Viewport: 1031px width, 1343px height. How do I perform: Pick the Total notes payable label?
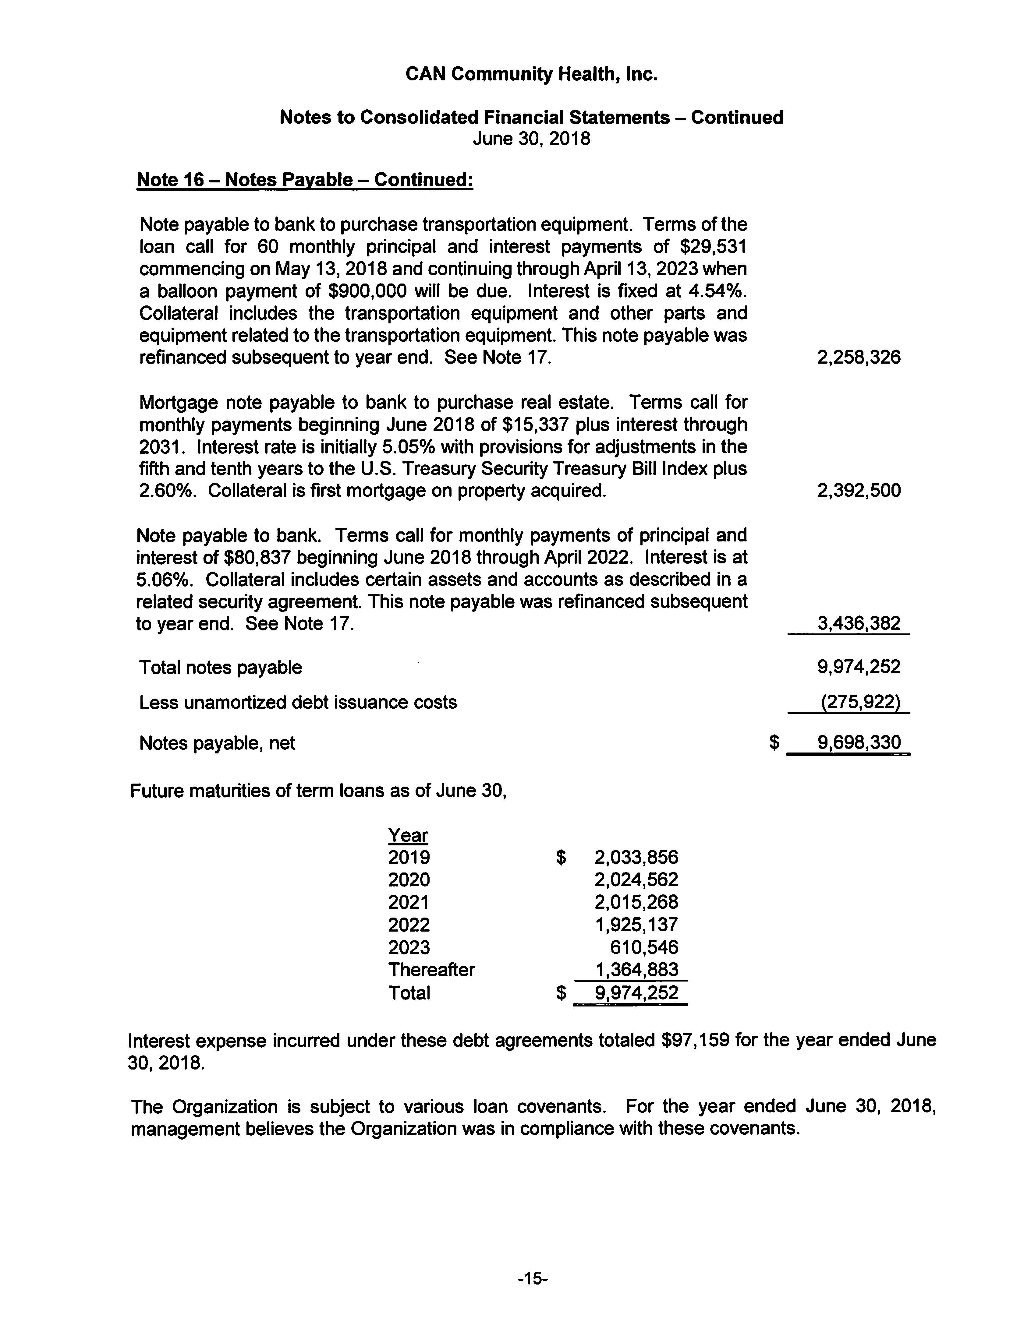pos(220,667)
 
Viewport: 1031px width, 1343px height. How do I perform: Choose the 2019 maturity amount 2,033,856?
pos(636,857)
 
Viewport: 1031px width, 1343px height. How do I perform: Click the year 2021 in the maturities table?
pos(409,902)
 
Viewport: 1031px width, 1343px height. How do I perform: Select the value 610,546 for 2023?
pos(644,947)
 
